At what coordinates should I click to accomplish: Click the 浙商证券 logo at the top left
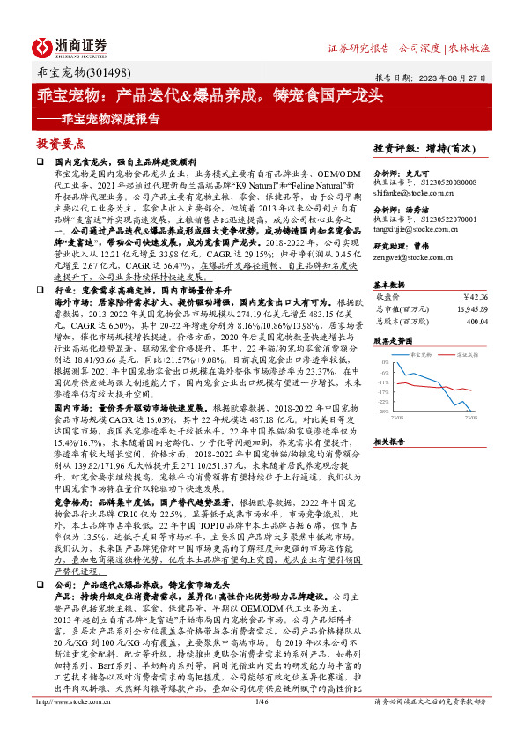click(x=71, y=46)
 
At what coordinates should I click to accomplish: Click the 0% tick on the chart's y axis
click(x=385, y=362)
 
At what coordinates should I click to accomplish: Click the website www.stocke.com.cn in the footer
click(x=64, y=725)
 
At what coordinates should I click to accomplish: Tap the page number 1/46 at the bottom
click(x=261, y=725)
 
